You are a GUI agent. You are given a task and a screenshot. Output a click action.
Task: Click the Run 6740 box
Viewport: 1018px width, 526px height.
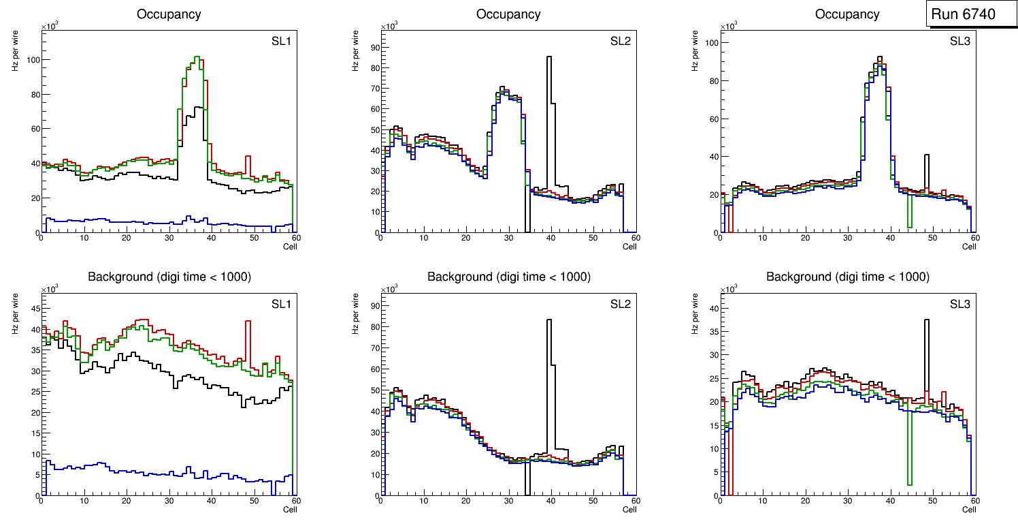(x=971, y=14)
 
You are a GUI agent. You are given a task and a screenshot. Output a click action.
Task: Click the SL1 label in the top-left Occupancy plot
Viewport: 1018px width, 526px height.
(x=282, y=42)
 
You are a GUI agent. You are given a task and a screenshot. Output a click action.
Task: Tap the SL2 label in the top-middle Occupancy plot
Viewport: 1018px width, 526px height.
(x=621, y=42)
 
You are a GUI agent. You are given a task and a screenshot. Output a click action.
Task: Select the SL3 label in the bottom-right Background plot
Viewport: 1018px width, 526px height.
(x=959, y=304)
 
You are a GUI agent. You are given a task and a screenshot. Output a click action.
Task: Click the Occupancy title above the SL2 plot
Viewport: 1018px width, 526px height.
(x=508, y=14)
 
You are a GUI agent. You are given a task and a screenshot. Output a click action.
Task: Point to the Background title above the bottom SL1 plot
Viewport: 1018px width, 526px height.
(x=169, y=277)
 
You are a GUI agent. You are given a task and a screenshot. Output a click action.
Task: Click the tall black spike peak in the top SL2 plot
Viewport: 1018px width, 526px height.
(x=549, y=58)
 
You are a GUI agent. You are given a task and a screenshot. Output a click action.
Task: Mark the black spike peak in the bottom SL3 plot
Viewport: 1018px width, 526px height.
(x=926, y=320)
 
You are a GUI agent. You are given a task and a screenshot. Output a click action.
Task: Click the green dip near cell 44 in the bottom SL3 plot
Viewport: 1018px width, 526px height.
(x=909, y=484)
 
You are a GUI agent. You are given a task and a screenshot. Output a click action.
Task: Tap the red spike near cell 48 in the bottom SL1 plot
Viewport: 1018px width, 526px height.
(x=248, y=322)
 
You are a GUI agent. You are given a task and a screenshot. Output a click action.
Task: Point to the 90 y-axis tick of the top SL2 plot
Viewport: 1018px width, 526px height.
(x=374, y=47)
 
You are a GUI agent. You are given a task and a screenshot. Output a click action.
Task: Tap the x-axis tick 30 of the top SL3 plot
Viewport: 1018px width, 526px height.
(x=848, y=238)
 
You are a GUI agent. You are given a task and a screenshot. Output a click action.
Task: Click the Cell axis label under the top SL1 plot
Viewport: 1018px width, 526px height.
(x=290, y=246)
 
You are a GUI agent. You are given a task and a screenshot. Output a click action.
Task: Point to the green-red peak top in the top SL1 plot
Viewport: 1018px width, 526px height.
(x=197, y=57)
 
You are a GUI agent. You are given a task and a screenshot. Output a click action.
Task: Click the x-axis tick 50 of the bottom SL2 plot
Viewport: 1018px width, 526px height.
(x=593, y=501)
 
